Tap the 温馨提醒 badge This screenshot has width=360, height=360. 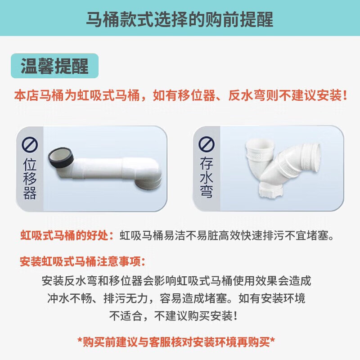pyautogui.click(x=54, y=66)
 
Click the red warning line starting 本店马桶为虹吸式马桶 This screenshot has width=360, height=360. pyautogui.click(x=180, y=96)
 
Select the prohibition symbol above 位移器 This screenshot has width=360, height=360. pyautogui.click(x=30, y=146)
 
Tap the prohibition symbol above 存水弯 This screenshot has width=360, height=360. pyautogui.click(x=207, y=144)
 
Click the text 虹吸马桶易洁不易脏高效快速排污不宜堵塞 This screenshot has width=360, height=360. pyautogui.click(x=227, y=235)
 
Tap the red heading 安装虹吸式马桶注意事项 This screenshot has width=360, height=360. pyautogui.click(x=83, y=261)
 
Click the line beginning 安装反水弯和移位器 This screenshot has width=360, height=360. pyautogui.click(x=176, y=281)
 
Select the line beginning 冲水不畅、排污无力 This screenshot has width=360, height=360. pyautogui.click(x=176, y=298)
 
